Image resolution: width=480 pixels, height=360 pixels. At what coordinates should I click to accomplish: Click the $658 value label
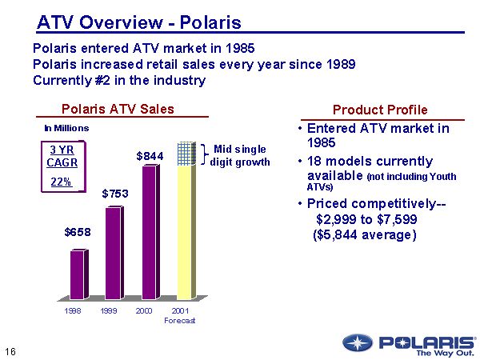(78, 232)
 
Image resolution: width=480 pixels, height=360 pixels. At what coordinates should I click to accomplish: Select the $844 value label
(150, 156)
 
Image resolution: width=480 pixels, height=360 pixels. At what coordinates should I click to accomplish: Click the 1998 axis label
(73, 311)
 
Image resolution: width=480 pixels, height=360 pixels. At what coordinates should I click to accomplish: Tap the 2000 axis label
(145, 311)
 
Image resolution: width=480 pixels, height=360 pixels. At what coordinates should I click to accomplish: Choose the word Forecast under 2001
(180, 320)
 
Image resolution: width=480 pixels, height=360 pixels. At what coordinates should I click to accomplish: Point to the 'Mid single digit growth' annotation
(239, 155)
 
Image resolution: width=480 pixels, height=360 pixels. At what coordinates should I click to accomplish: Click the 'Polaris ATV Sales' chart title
(118, 110)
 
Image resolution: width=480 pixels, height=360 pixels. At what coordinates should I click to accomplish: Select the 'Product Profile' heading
(380, 110)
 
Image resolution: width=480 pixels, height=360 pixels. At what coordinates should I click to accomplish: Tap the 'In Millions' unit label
(66, 128)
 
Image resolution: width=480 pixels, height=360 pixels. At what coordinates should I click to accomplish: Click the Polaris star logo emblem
(357, 343)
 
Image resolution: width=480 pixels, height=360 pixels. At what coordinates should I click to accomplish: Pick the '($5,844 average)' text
(365, 235)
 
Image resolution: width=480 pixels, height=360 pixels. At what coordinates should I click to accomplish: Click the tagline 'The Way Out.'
(446, 352)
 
